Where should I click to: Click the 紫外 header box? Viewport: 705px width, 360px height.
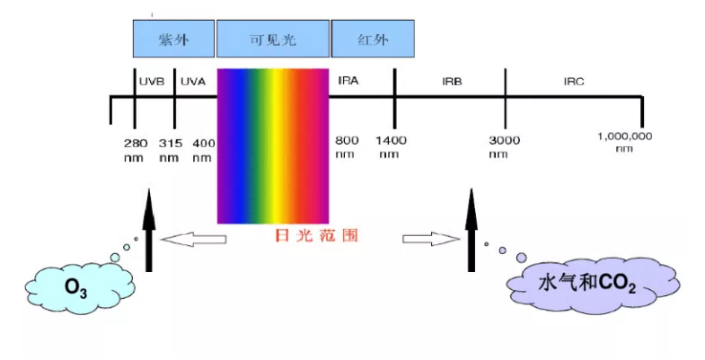(x=173, y=39)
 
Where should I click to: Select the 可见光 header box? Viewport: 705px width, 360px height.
(x=273, y=39)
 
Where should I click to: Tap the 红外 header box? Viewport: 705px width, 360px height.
(x=373, y=39)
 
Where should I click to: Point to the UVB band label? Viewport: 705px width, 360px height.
(x=152, y=82)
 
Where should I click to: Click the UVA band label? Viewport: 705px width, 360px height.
(x=193, y=82)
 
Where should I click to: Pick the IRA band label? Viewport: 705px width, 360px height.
(x=348, y=81)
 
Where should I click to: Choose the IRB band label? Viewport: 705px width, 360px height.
(x=452, y=82)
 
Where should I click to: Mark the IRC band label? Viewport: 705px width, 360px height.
(x=574, y=82)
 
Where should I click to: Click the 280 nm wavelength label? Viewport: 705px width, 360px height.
(x=136, y=151)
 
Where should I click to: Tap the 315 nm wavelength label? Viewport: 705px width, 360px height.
(x=170, y=151)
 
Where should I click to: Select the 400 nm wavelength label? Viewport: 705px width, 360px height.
(x=204, y=151)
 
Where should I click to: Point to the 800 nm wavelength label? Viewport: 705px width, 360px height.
(x=347, y=147)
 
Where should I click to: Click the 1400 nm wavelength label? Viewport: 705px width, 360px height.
(x=391, y=147)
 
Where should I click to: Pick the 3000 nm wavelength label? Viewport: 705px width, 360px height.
(x=504, y=147)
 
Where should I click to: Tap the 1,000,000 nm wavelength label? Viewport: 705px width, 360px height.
(x=624, y=142)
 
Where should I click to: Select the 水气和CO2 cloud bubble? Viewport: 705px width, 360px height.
(x=593, y=285)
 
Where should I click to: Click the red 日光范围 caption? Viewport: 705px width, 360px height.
(x=316, y=235)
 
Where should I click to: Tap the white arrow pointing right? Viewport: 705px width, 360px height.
(x=431, y=239)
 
